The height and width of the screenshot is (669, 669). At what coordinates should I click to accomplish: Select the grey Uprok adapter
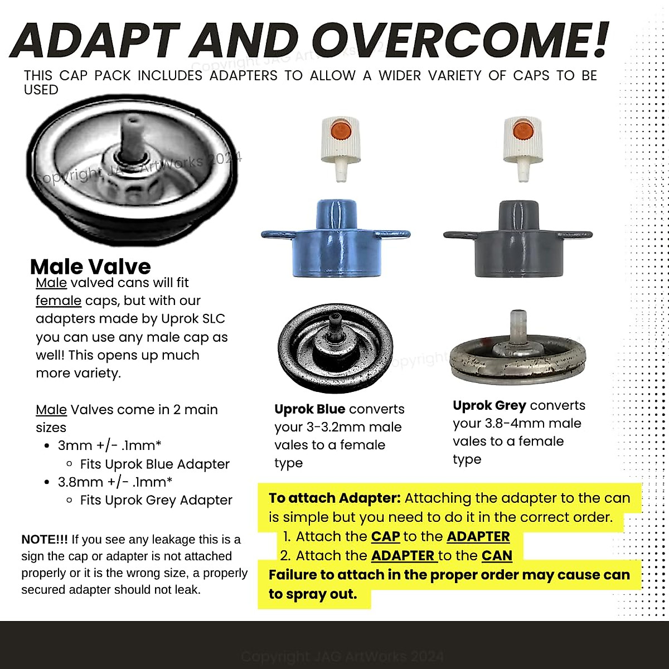coord(517,240)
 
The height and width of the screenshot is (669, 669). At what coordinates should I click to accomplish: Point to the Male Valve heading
coord(90,266)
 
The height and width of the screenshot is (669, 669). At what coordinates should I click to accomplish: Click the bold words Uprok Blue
coord(310,409)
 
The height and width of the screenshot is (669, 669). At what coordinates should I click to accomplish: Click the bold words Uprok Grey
coord(488,405)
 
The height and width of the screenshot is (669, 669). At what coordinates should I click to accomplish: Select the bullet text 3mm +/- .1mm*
coord(110,445)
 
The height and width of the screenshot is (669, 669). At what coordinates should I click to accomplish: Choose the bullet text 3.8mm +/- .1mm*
coord(115,482)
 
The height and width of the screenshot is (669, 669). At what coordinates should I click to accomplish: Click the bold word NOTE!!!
coord(45,540)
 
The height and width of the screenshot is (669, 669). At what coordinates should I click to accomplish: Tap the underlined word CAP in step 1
coord(385,536)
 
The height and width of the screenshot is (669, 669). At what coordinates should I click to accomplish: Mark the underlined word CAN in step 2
coord(497,555)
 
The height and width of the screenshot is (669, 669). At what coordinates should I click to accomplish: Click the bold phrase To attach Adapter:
coord(334,498)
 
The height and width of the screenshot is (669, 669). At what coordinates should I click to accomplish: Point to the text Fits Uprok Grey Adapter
coord(156,500)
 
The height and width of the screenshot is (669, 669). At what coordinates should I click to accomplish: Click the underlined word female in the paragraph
coord(59,300)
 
